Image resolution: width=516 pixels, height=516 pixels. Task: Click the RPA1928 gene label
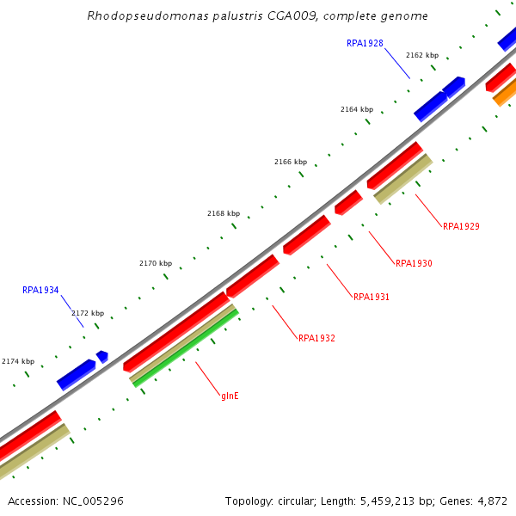(x=365, y=43)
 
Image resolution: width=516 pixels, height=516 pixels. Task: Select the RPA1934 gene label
(x=40, y=291)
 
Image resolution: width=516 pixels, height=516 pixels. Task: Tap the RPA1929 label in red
(x=461, y=227)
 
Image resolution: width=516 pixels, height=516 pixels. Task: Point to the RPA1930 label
(x=414, y=263)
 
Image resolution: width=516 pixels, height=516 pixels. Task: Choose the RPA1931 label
(x=372, y=298)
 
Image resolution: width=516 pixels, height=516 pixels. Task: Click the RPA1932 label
(x=316, y=339)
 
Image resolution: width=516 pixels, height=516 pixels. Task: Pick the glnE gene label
(x=230, y=396)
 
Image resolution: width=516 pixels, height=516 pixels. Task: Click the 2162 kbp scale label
(x=421, y=55)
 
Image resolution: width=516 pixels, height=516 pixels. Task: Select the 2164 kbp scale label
(x=356, y=110)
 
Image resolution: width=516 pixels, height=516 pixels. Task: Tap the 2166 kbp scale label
(x=290, y=162)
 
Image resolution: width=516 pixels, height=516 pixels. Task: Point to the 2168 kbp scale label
(x=223, y=213)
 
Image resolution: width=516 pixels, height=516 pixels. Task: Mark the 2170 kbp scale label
(x=155, y=263)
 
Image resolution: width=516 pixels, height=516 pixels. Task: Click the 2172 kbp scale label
(x=87, y=314)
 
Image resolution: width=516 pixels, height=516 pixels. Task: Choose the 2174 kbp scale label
(x=18, y=362)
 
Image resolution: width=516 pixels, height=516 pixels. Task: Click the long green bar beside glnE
(x=186, y=347)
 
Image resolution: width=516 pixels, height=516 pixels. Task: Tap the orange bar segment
(x=506, y=93)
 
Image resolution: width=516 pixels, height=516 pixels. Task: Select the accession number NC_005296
(x=90, y=501)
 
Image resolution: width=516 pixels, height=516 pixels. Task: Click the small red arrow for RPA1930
(x=348, y=203)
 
